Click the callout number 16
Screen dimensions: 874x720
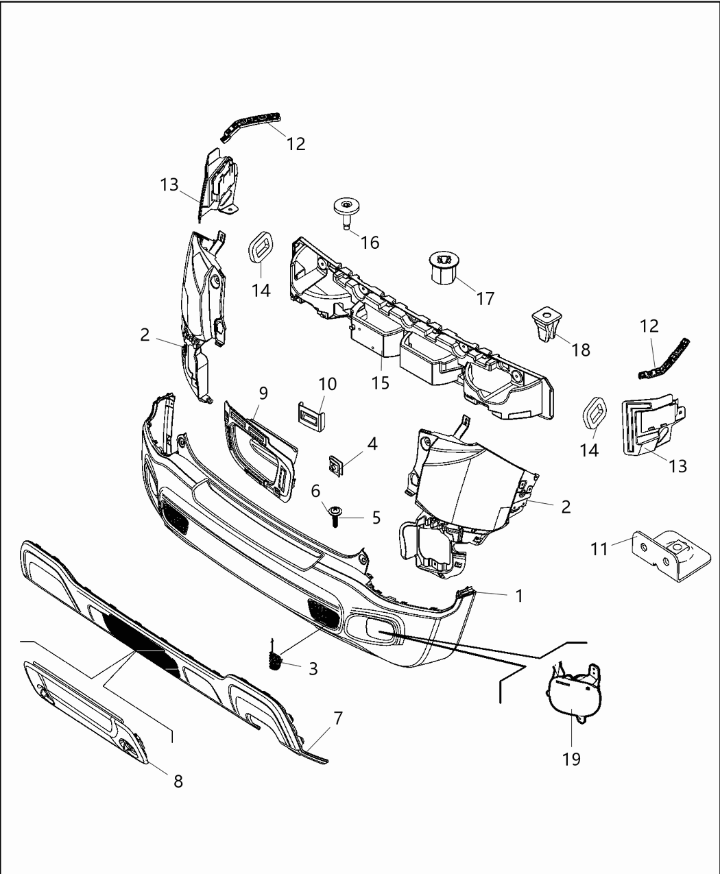pos(370,243)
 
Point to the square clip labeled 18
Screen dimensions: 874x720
pos(547,324)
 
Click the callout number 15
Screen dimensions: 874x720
pos(380,383)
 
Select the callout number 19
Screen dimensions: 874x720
pos(571,759)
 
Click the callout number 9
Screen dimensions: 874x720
pos(263,393)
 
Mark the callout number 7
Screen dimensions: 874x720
pos(337,718)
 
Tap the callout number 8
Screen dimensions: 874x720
pos(178,781)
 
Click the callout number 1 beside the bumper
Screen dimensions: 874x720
pos(519,596)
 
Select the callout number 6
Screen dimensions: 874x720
pos(316,491)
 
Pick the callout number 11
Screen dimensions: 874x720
pos(599,549)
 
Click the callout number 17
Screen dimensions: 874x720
pos(485,299)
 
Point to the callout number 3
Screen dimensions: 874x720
pos(313,669)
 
